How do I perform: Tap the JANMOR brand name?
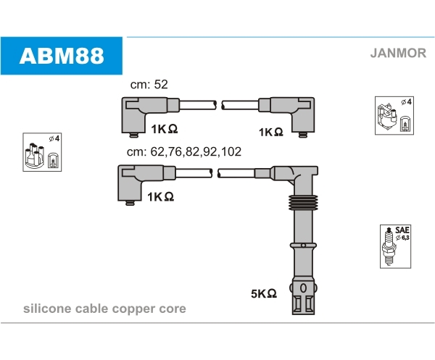point(398,52)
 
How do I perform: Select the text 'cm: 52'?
point(149,85)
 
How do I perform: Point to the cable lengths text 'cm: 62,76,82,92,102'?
point(183,153)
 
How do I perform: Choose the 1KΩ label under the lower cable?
point(161,196)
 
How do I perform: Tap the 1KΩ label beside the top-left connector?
point(164,129)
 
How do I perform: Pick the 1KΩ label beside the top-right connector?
point(270,132)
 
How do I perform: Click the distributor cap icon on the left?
point(42,153)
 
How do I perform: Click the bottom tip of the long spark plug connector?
point(303,304)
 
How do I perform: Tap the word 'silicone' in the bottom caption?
point(45,309)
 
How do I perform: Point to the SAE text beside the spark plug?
point(402,228)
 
